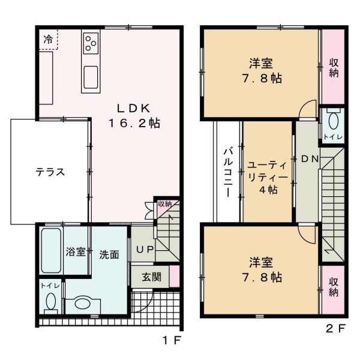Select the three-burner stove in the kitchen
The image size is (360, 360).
[x=92, y=42]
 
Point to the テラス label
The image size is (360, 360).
[x=50, y=172]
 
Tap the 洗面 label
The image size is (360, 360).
[x=109, y=254]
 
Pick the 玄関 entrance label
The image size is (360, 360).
[x=151, y=277]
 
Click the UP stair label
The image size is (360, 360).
[x=143, y=249]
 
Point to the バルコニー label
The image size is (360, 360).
[x=228, y=172]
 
